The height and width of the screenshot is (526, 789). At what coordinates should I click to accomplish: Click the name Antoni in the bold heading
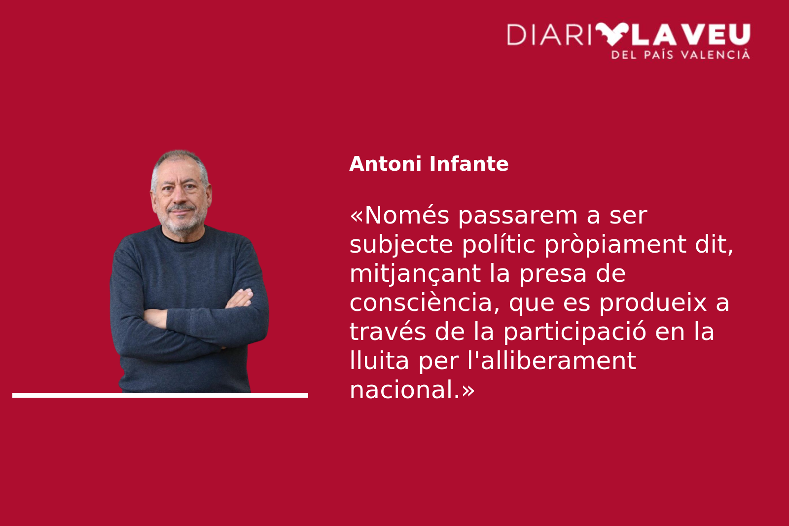(x=385, y=164)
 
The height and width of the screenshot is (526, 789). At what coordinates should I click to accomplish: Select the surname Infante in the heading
(x=469, y=164)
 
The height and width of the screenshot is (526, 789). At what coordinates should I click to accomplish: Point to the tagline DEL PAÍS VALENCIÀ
(x=681, y=55)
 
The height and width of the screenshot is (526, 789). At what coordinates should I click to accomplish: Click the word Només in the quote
(x=407, y=215)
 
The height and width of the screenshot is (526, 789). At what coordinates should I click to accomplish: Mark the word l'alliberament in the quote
(x=552, y=361)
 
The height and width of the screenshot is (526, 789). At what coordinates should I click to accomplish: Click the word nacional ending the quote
(x=405, y=391)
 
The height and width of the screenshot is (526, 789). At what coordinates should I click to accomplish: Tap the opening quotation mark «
(x=357, y=216)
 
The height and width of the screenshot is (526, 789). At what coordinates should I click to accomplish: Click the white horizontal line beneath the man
(x=160, y=395)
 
